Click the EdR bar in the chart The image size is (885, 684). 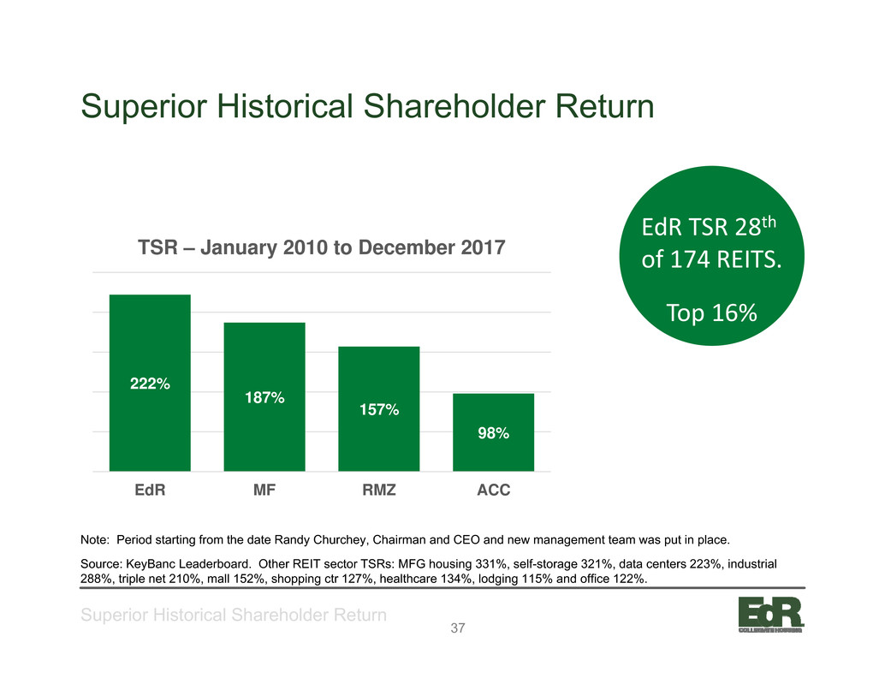[x=150, y=383]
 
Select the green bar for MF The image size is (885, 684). [x=264, y=396]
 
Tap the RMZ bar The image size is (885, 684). [x=378, y=408]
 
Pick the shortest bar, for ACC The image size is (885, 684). [x=493, y=432]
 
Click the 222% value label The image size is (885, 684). [x=150, y=384]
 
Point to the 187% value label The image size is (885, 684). [x=264, y=398]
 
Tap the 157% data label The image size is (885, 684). [x=379, y=410]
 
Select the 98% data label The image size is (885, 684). [x=494, y=433]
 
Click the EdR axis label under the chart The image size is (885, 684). [x=150, y=490]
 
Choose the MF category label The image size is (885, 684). [x=264, y=490]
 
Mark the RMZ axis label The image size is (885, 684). [x=378, y=490]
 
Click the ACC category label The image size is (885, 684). [x=493, y=490]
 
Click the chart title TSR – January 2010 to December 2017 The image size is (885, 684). [x=322, y=247]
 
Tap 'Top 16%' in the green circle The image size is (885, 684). [x=712, y=312]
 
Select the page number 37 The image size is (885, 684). [x=458, y=628]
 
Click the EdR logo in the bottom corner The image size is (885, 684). [x=771, y=615]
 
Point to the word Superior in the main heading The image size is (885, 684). [x=144, y=106]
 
